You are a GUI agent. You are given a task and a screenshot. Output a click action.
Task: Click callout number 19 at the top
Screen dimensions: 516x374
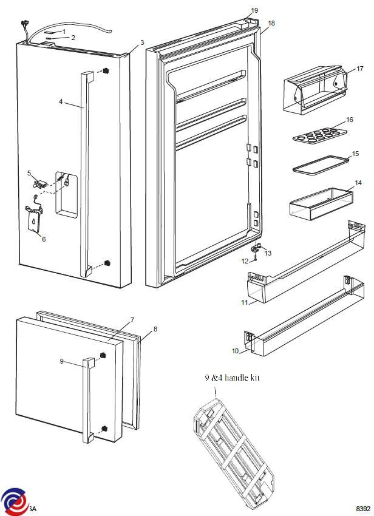point(254,10)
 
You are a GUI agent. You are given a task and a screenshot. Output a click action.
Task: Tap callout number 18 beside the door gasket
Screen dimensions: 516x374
point(271,23)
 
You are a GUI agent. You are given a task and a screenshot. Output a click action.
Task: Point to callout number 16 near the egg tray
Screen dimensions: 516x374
point(349,120)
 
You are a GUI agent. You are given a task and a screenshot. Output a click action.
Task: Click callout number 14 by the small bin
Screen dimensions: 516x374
point(358,182)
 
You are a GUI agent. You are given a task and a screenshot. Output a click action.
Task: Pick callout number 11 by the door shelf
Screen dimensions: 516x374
point(245,302)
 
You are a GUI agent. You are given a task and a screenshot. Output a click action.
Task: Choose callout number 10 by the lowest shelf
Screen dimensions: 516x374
point(235,351)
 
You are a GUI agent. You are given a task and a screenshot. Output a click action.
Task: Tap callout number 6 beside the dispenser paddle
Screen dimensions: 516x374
point(43,239)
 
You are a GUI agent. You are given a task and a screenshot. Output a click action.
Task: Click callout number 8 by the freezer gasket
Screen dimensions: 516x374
point(155,329)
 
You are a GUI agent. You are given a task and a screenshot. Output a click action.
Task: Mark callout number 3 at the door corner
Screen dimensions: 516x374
point(142,42)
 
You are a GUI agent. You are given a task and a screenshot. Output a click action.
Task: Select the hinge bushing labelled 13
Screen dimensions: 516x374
point(257,246)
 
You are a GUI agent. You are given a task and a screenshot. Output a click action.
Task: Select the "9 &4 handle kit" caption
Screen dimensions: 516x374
point(232,378)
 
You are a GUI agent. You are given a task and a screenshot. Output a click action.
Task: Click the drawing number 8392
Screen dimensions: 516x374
point(362,508)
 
